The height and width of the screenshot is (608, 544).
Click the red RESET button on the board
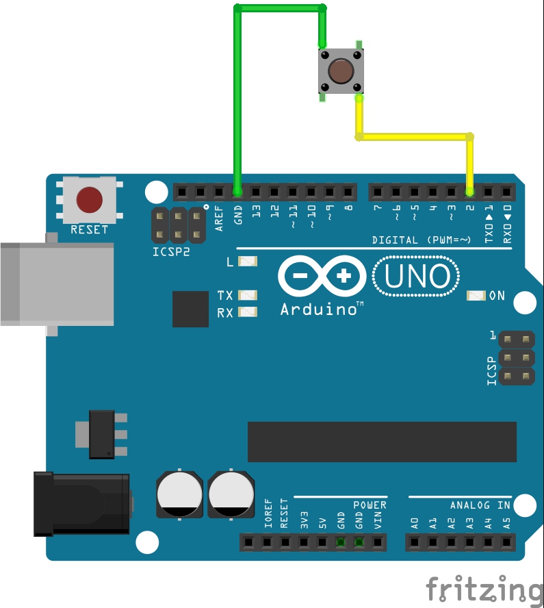(90, 200)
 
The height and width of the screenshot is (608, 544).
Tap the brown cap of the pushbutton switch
(341, 71)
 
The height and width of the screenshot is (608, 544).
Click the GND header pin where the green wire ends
(237, 191)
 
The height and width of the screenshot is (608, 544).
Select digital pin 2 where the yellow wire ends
(470, 191)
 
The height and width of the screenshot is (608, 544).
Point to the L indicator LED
(248, 262)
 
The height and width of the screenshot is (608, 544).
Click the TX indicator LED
(248, 296)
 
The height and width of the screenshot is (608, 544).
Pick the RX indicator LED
(248, 313)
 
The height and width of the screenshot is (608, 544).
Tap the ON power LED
(476, 296)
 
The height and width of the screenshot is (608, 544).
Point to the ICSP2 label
(171, 251)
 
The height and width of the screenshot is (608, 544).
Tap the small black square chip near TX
(190, 309)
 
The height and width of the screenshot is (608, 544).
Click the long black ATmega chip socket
(382, 442)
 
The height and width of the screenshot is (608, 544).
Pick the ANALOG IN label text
(480, 505)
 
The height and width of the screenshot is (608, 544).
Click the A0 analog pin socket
(415, 543)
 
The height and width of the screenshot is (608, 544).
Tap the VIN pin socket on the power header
(378, 543)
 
